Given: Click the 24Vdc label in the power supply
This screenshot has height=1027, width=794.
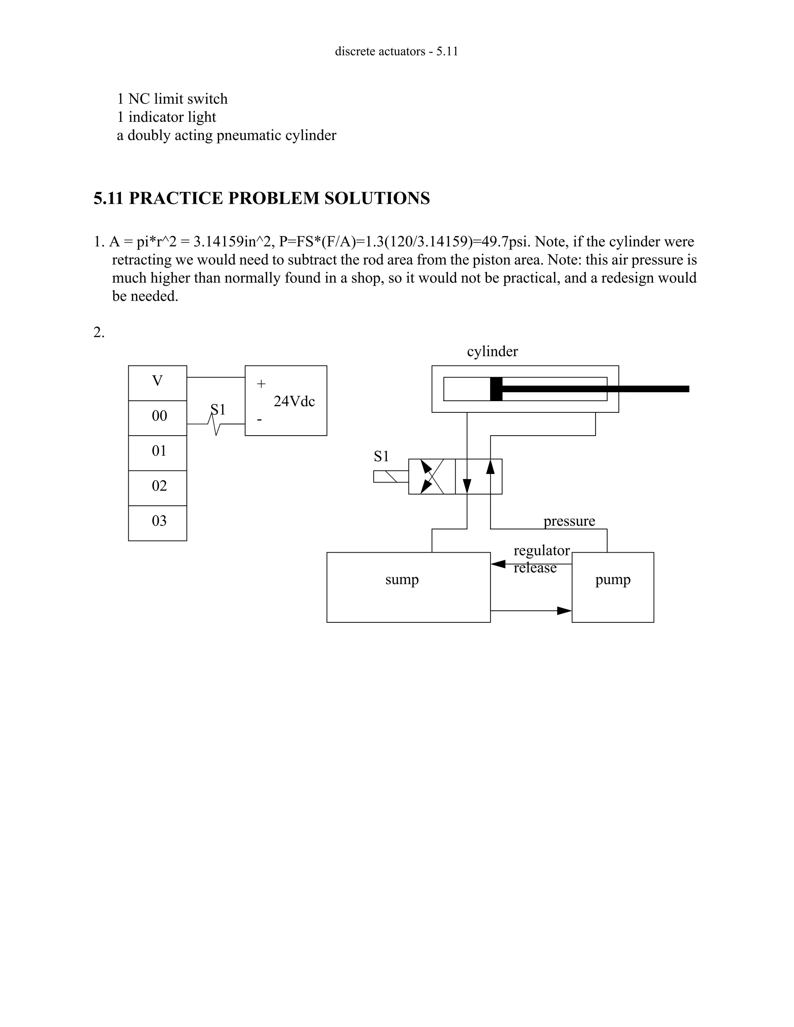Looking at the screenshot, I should (294, 401).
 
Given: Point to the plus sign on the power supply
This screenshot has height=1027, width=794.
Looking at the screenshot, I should (261, 384).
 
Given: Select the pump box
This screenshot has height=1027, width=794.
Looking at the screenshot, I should (613, 587).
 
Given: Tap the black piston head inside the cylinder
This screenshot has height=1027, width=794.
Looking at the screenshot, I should (496, 389).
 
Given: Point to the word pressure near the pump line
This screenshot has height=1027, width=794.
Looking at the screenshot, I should (569, 521).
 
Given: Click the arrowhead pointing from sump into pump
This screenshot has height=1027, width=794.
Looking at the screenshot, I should (564, 611).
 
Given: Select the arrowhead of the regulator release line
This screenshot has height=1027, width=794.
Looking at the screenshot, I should (498, 564).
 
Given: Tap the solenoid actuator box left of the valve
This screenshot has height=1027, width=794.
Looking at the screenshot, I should (390, 476).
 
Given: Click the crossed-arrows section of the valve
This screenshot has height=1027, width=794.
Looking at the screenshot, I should (432, 476).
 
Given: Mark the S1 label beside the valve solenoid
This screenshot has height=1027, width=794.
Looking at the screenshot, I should (381, 456).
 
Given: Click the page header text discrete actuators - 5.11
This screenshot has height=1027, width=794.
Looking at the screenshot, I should (397, 51).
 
